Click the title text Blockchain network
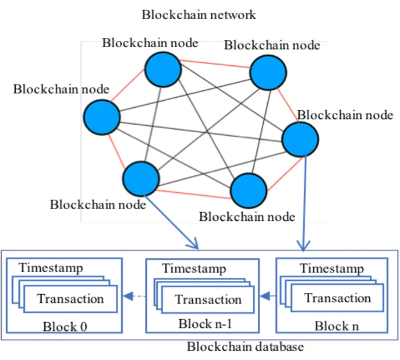click(x=199, y=15)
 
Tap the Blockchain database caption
click(x=245, y=347)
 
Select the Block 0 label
click(x=64, y=326)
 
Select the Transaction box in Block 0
click(x=70, y=299)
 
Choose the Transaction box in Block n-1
click(x=208, y=300)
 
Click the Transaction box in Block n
click(x=337, y=298)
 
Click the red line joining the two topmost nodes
click(x=215, y=65)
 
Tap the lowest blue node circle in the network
click(x=249, y=190)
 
